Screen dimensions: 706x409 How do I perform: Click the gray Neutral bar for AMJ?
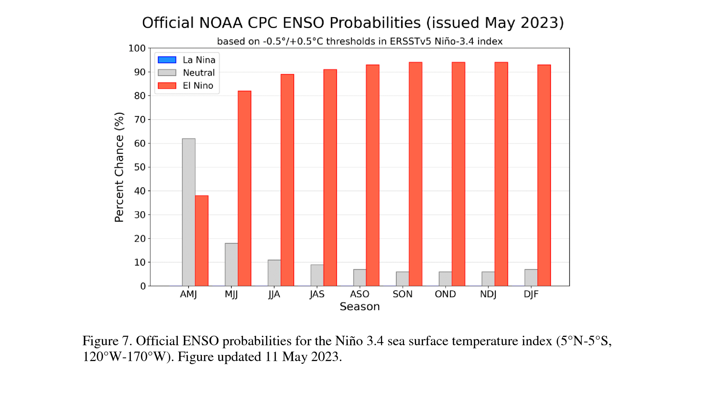tap(188, 212)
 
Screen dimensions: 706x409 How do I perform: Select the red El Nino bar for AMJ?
tap(202, 241)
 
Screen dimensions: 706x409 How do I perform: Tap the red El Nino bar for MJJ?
tap(245, 188)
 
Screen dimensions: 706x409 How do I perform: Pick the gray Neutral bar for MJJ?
tap(231, 264)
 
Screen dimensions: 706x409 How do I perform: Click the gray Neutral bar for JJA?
tap(274, 273)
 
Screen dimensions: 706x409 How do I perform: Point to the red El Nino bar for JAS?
tap(330, 178)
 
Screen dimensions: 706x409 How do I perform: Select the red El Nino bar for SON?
tap(416, 174)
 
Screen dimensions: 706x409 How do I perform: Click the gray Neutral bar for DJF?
tap(531, 278)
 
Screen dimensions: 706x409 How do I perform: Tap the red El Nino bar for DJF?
tap(544, 175)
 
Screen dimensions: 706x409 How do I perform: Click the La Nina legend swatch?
tap(167, 60)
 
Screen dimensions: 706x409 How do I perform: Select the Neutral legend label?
tap(199, 72)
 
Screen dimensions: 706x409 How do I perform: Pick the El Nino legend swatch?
tap(167, 85)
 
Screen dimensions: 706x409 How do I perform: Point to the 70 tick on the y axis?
tap(149, 119)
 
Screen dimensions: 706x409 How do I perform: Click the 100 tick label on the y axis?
tap(137, 48)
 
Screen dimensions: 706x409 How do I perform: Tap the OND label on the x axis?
tap(445, 294)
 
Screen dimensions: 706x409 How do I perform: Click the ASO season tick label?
tap(360, 294)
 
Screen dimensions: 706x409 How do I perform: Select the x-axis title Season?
tap(360, 307)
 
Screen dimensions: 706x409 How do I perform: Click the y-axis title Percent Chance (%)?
tap(119, 167)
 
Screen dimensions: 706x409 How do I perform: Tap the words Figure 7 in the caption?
tap(107, 341)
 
